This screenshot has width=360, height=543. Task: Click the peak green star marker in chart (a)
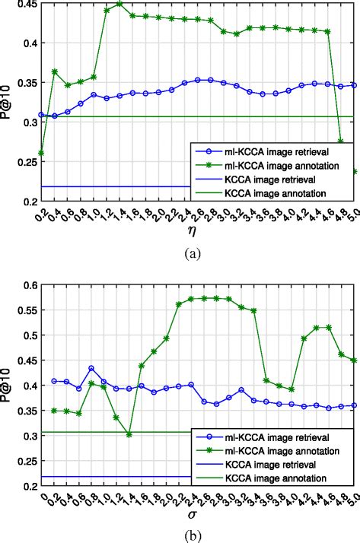coord(119,4)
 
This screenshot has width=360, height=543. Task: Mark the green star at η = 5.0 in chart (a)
coord(355,171)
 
